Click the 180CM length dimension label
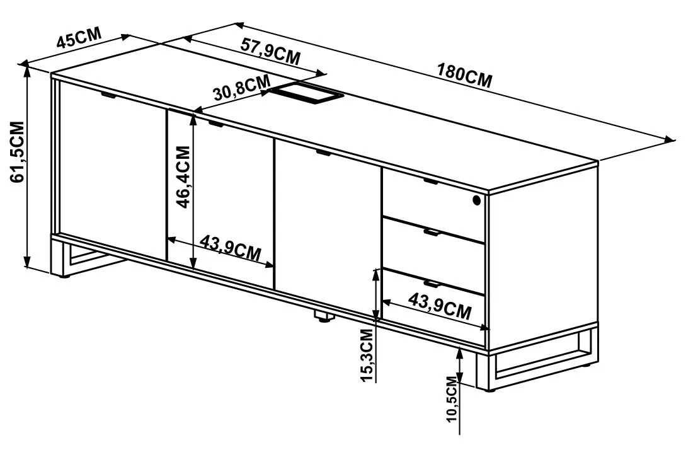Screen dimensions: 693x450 coord(464,76)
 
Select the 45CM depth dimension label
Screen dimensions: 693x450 coord(79,38)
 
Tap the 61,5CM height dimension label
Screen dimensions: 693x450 coord(18,152)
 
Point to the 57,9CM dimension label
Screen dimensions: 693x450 coord(270,51)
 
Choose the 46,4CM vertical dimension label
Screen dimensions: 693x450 coord(183,177)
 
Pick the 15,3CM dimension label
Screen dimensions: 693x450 coord(367,355)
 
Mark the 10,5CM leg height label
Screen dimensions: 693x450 coord(452,399)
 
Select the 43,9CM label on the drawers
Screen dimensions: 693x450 coord(440,306)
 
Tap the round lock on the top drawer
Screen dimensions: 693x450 coord(476,200)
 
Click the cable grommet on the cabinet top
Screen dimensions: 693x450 coord(306,94)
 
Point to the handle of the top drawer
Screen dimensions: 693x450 coord(430,181)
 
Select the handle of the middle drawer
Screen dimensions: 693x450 coord(430,233)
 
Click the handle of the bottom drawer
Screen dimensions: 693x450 coord(430,284)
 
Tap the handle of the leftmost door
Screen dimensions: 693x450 coord(109,95)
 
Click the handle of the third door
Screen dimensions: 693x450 coord(324,153)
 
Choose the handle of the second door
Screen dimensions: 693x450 coord(217,124)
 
